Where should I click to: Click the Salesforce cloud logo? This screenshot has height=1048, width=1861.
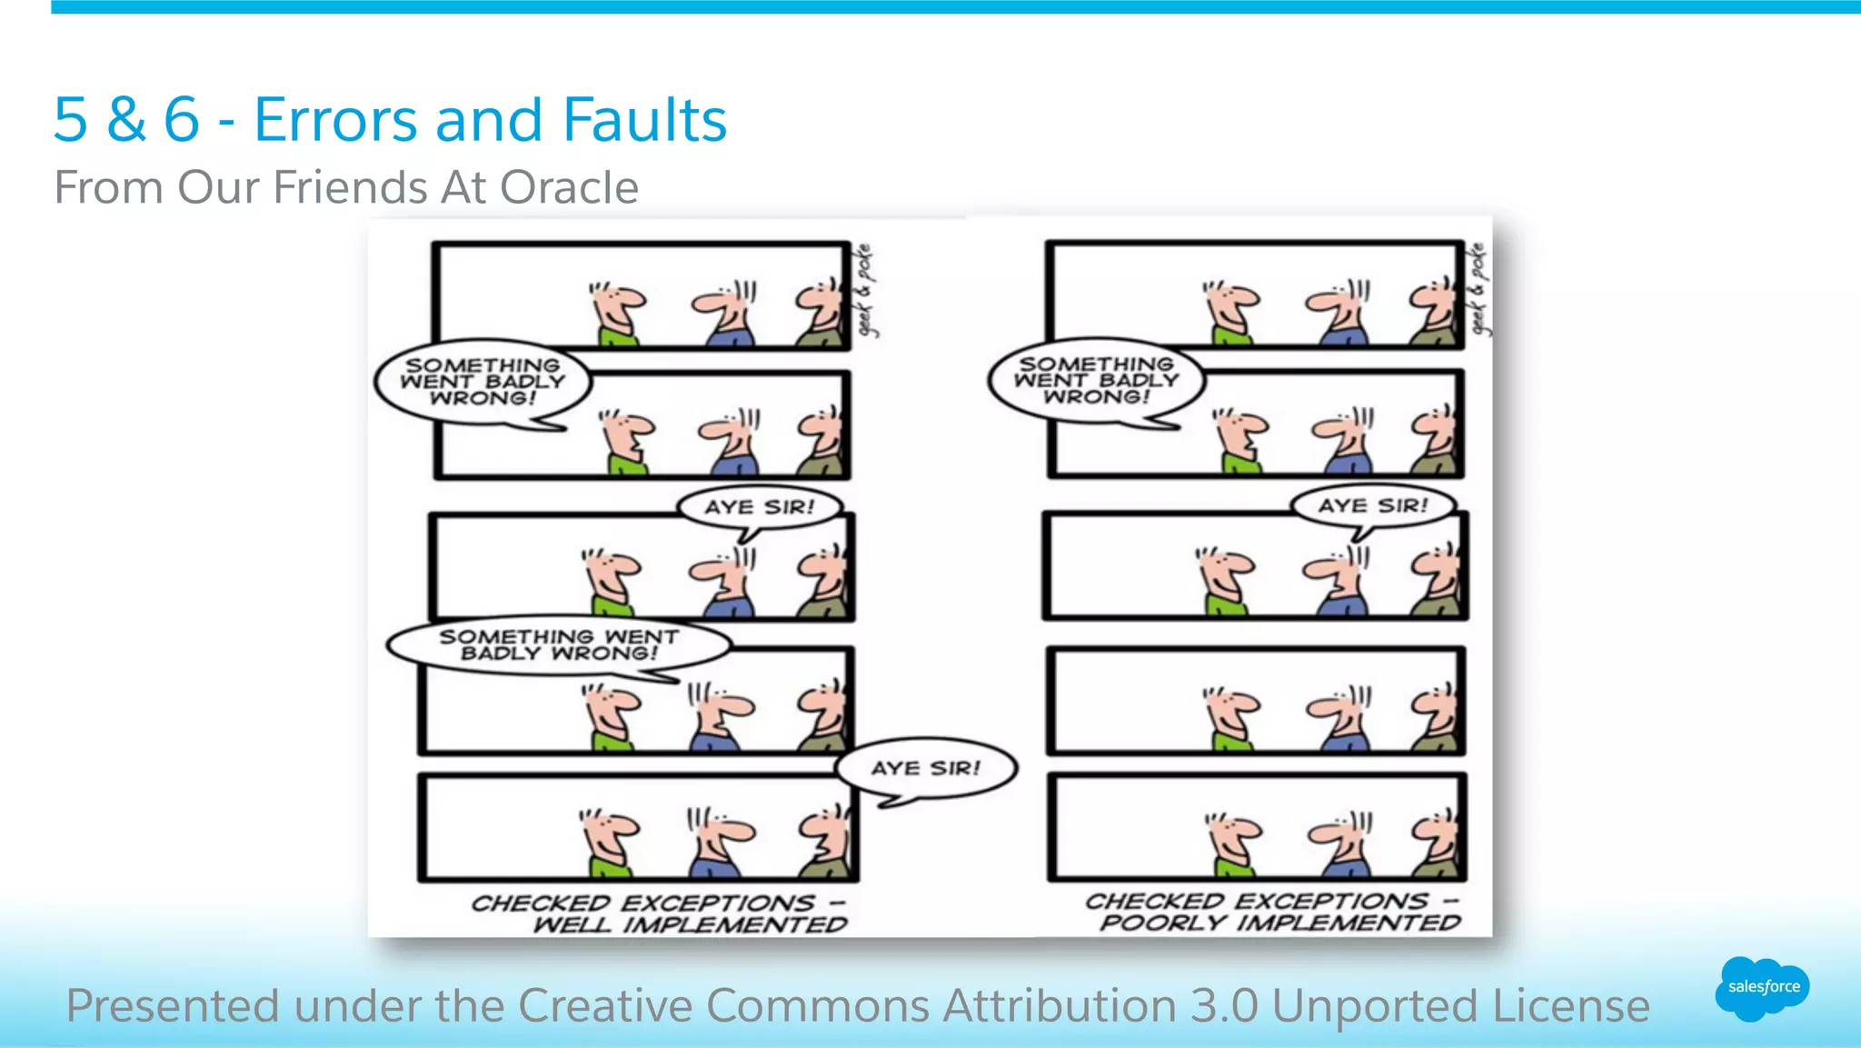1762,988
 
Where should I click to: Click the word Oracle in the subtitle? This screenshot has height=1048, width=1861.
569,188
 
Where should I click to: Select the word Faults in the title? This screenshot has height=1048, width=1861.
644,120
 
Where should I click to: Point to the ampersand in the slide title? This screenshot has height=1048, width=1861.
126,120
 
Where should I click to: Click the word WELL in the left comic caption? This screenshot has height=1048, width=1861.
571,925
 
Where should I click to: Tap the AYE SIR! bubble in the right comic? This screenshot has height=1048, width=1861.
1373,506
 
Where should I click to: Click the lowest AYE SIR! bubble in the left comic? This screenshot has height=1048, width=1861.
925,769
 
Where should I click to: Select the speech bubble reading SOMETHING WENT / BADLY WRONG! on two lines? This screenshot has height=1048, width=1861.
558,644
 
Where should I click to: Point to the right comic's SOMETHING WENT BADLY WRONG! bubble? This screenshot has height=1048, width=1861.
1096,381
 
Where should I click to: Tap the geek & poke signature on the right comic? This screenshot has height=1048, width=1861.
1479,289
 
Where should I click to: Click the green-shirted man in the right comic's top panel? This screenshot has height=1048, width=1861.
1231,314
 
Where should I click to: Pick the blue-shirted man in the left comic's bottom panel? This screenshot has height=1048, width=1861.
718,842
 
